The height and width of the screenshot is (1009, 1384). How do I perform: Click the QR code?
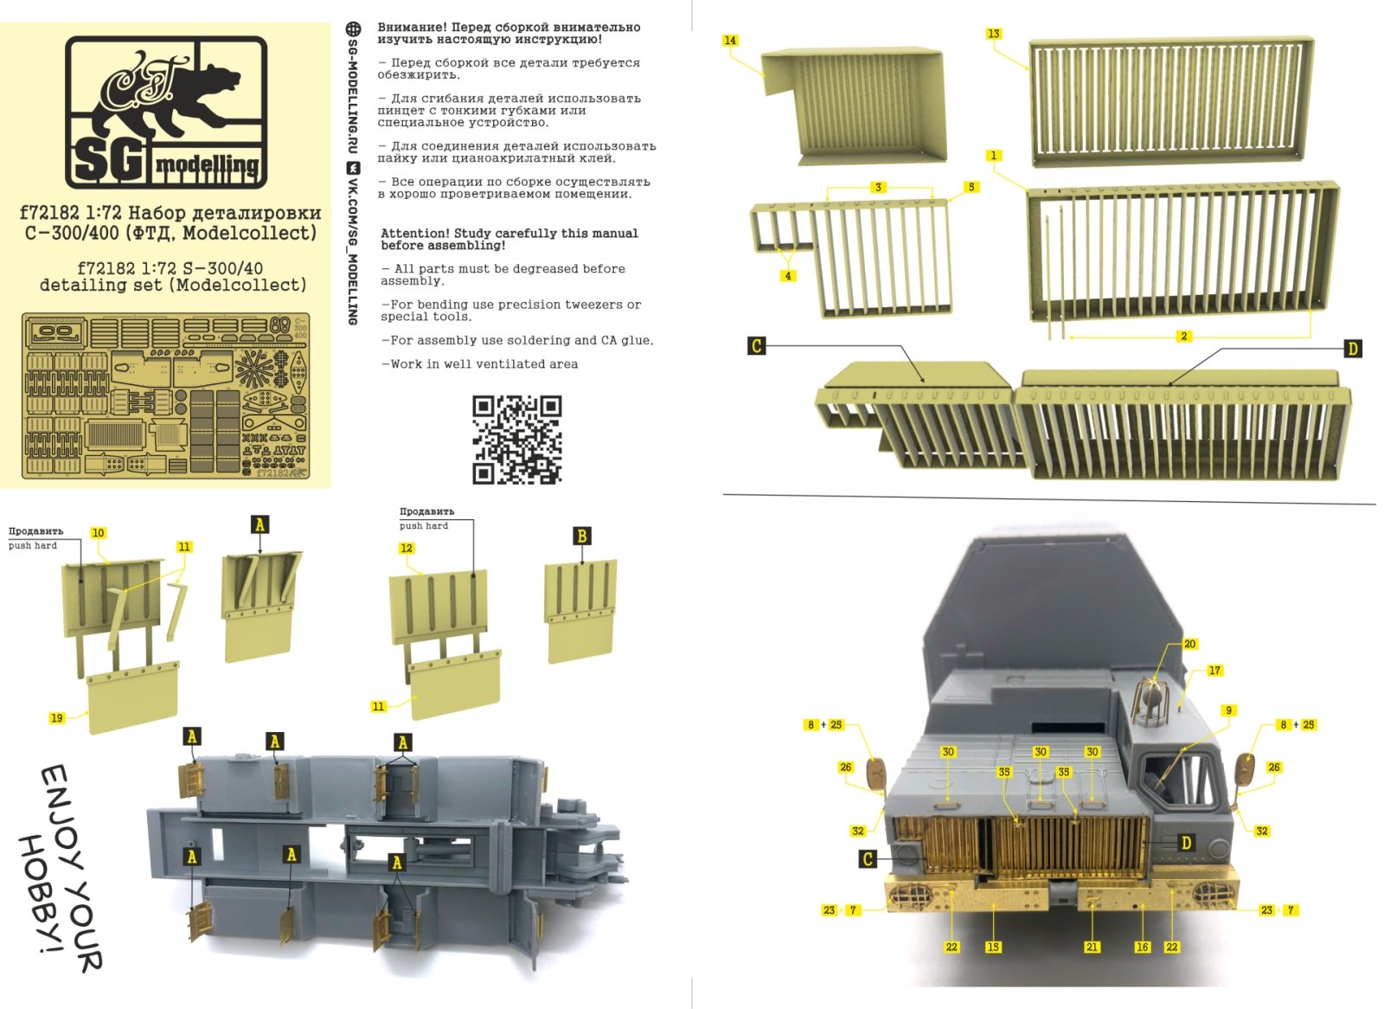(516, 439)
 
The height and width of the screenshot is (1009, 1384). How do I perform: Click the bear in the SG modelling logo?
(173, 95)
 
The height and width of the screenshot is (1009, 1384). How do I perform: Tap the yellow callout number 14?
(730, 41)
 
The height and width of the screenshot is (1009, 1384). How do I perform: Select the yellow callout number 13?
(993, 34)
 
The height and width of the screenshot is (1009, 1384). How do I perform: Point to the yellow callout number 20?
(1189, 644)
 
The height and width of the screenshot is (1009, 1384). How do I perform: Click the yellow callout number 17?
(1214, 671)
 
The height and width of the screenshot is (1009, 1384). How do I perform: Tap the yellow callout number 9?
(1228, 710)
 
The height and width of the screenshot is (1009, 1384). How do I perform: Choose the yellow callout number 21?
(1092, 947)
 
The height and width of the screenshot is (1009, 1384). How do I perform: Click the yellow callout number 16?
(1142, 947)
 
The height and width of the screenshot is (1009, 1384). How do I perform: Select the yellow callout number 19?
(56, 717)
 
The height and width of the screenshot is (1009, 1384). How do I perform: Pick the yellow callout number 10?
(98, 533)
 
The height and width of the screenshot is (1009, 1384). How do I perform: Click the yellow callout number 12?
(407, 548)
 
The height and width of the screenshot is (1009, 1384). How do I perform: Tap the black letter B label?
(581, 537)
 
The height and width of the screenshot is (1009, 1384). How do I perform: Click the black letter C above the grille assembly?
(756, 346)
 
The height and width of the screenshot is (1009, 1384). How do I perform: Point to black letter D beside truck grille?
(1185, 843)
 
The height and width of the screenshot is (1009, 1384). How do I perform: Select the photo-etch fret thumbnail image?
(165, 394)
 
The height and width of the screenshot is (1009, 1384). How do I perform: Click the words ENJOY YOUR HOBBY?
(61, 865)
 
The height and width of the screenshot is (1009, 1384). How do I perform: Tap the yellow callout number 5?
(971, 187)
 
